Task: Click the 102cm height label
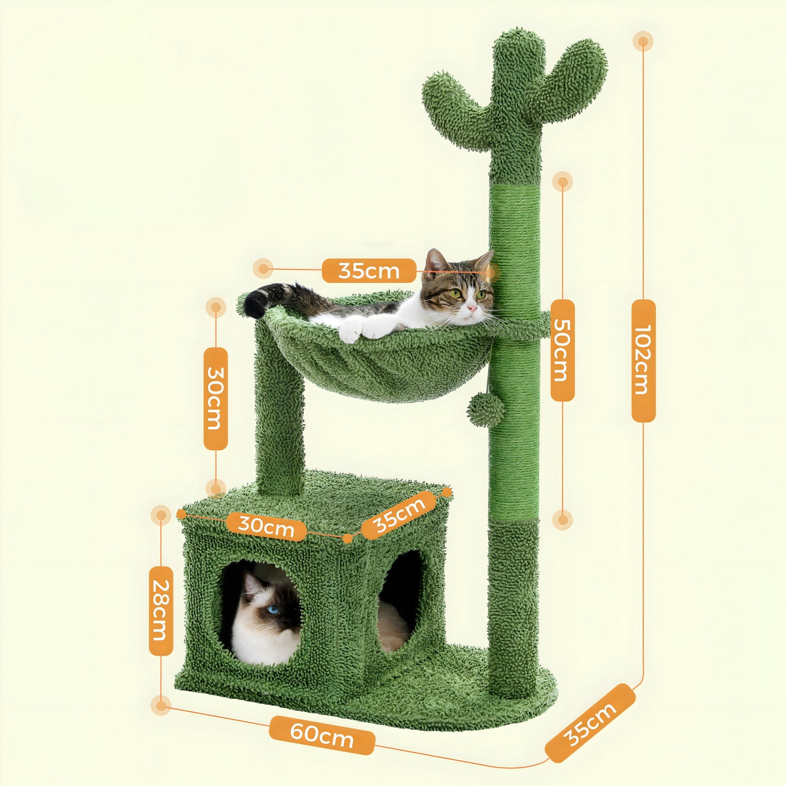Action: coord(643,360)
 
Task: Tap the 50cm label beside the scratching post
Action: coord(562,350)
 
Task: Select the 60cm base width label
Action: coord(322,735)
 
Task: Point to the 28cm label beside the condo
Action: coord(160,610)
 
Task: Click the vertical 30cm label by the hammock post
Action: coord(215,398)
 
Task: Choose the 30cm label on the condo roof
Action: coord(265,525)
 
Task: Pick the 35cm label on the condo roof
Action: coord(398,515)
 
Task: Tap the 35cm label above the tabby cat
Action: coord(369,270)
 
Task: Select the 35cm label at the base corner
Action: coord(590,723)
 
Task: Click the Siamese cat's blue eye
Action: coord(272,610)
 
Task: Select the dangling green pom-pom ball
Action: coord(485,411)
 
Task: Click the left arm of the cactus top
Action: coord(452,108)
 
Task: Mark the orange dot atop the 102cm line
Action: coord(643,42)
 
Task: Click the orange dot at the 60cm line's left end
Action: coord(160,705)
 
